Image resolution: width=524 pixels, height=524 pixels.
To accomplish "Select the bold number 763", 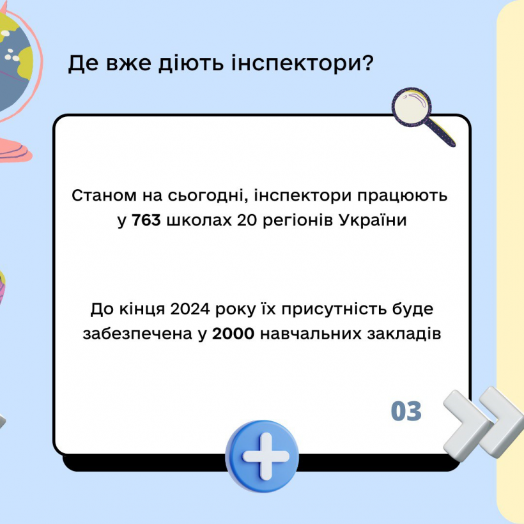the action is [146, 220].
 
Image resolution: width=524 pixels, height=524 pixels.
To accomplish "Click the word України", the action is [373, 220].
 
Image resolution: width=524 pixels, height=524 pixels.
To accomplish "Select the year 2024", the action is [190, 309].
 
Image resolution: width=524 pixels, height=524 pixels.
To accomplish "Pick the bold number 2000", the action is [233, 334].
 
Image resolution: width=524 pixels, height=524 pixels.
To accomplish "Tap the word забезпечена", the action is [137, 334].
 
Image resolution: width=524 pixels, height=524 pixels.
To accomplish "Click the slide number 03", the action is [406, 411].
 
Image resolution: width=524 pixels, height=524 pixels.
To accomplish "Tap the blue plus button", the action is [262, 456].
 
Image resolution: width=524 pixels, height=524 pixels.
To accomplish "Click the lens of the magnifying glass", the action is [412, 107].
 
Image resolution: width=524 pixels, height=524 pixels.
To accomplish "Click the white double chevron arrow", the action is [483, 422].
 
